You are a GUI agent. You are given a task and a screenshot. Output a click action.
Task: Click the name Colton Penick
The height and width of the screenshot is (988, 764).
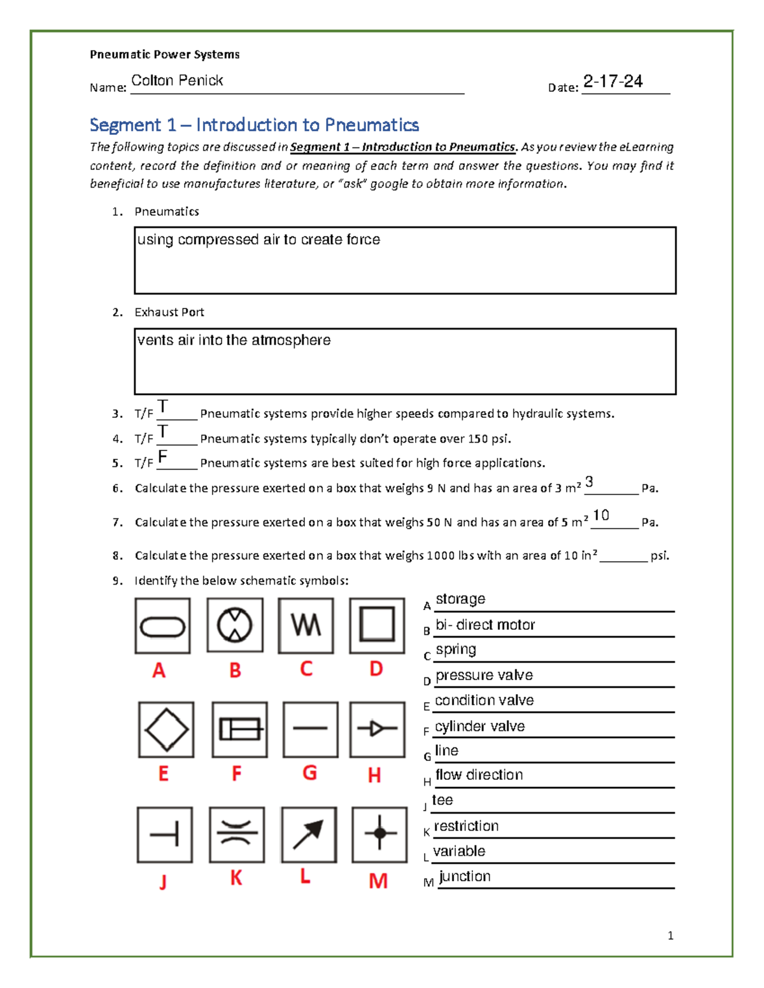point(177,81)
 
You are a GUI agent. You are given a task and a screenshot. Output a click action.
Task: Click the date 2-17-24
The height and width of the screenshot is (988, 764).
point(612,81)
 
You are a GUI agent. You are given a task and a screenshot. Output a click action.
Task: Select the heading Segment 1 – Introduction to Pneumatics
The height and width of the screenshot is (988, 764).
point(254,125)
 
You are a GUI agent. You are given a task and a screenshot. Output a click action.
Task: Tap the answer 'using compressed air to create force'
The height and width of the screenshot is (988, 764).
point(258,240)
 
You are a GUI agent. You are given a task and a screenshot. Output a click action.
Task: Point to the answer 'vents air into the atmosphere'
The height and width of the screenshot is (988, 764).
point(234,340)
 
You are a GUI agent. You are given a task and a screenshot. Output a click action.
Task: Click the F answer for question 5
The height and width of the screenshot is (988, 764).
point(163,456)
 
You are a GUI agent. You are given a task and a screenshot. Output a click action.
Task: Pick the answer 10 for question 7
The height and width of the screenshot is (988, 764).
point(601,515)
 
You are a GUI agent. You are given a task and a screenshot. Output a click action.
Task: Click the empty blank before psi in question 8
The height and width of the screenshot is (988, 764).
point(623,556)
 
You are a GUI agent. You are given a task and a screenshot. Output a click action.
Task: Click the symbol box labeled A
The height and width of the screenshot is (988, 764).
point(162,626)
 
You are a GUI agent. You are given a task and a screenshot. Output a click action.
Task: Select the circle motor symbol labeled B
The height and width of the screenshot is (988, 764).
point(235,625)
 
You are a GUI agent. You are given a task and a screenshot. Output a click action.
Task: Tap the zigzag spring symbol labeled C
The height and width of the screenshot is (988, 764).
point(306,625)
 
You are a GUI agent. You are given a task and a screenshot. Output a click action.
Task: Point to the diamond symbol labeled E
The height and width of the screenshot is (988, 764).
point(166,730)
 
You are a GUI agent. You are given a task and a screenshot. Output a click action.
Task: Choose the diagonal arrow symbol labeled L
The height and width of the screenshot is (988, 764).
point(309,835)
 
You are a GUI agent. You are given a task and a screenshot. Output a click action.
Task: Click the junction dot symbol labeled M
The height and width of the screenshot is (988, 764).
point(379,834)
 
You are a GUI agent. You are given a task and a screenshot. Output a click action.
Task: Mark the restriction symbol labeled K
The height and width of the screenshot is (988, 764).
point(237,834)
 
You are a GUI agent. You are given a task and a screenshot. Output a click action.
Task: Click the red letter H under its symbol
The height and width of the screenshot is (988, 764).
point(374,775)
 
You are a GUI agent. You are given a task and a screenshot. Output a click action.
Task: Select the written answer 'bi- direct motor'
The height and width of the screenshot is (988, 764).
point(485,625)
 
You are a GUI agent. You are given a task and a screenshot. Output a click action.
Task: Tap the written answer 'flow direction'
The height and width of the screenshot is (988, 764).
point(479,775)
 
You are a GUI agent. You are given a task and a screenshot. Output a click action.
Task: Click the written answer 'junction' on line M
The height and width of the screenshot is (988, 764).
point(465,876)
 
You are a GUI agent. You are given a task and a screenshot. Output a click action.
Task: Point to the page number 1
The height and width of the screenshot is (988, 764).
point(670,935)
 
